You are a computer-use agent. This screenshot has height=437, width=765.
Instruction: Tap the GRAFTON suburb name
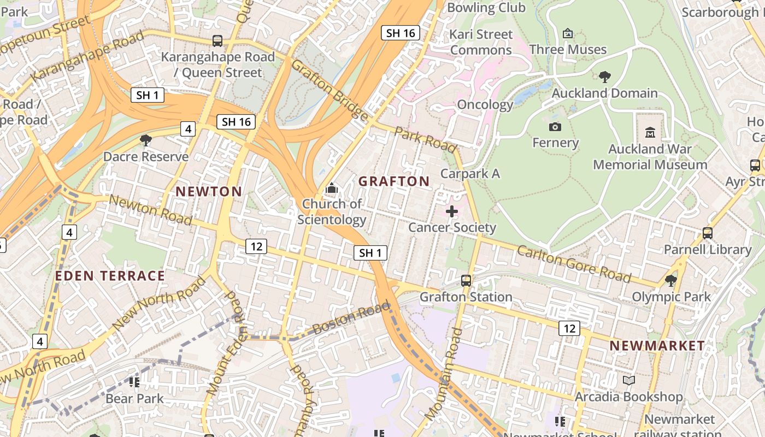coord(394,181)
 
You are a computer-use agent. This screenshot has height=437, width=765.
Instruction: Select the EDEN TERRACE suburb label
coord(110,276)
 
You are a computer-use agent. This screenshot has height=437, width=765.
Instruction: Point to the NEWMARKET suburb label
coord(657,346)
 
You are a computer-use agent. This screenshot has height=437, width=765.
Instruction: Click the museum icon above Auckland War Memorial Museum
coord(650,132)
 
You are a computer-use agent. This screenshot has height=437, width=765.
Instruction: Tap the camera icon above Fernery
coord(555,127)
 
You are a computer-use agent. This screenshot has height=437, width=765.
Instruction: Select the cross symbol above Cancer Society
coord(452,211)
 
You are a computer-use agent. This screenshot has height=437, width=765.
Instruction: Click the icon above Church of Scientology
coord(331,188)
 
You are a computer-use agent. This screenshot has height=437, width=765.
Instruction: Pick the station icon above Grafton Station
coord(466,281)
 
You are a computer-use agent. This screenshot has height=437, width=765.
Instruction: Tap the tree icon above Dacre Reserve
coord(146,140)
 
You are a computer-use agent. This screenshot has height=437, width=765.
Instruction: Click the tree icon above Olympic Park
coord(671,281)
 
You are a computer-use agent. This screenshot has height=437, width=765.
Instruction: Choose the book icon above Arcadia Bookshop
coord(629,380)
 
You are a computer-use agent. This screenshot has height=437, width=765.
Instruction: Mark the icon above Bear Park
coord(134,382)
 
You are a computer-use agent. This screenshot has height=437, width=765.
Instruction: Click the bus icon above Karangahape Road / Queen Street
coord(217,40)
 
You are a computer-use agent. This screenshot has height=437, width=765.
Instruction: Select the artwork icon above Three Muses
coord(568,33)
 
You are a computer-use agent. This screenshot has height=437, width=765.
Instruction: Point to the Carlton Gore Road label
coord(574,264)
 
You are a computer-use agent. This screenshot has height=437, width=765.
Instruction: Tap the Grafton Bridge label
coord(329,89)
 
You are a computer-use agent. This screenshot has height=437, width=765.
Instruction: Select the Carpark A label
coord(470,174)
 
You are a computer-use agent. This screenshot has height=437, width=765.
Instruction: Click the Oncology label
coord(485,105)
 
